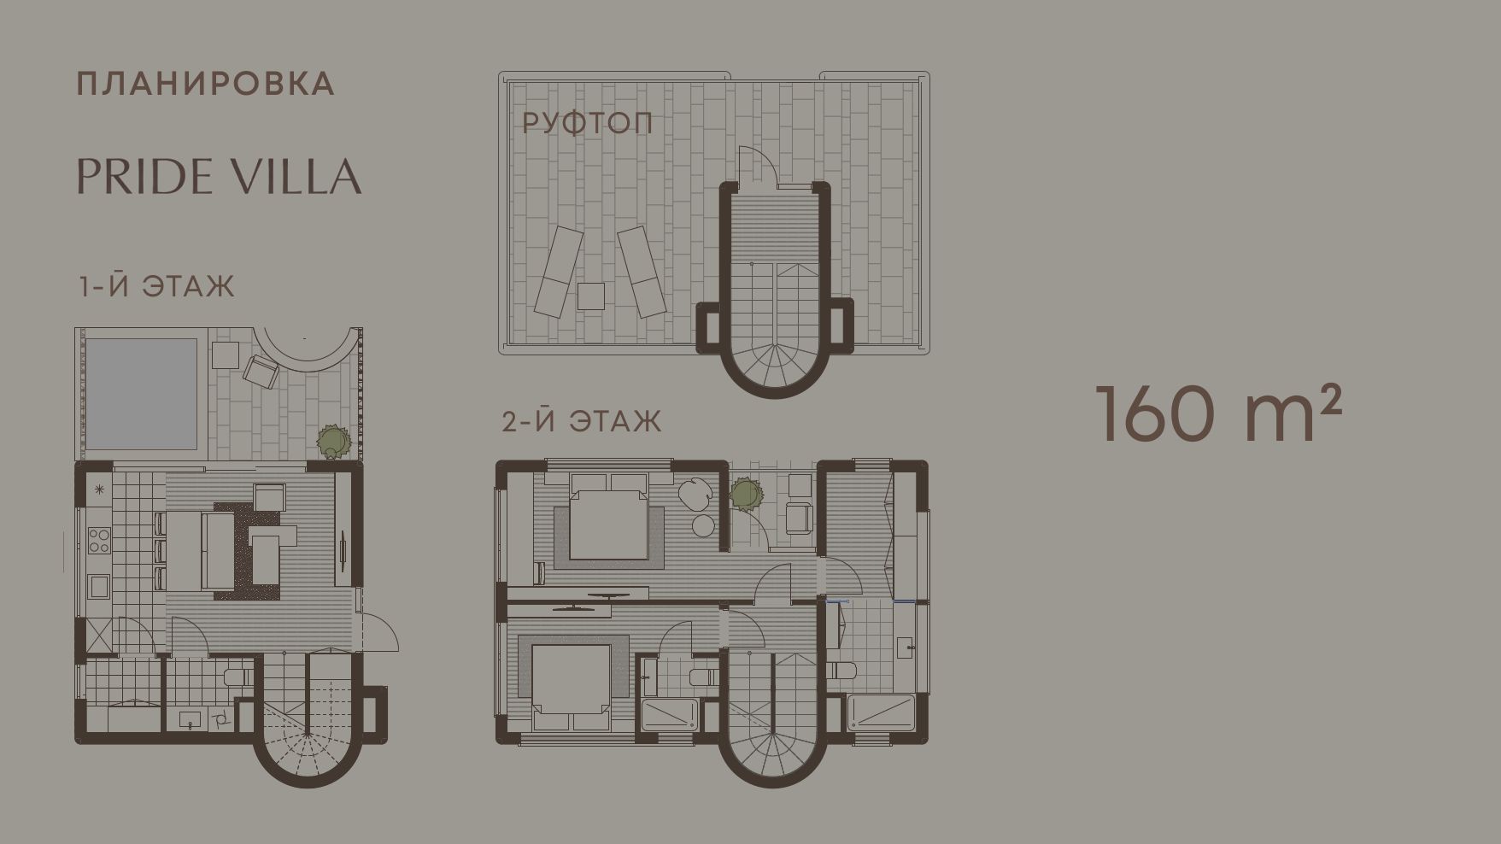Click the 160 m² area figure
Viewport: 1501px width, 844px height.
pos(1219,413)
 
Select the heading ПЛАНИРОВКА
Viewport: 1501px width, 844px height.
pos(206,84)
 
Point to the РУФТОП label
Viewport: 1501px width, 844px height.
pos(587,123)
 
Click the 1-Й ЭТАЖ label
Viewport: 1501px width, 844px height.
pos(156,285)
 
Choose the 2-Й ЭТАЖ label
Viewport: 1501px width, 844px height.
pos(582,421)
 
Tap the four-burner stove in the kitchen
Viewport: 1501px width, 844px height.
pos(99,541)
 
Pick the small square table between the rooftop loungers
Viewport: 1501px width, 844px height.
pos(590,296)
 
